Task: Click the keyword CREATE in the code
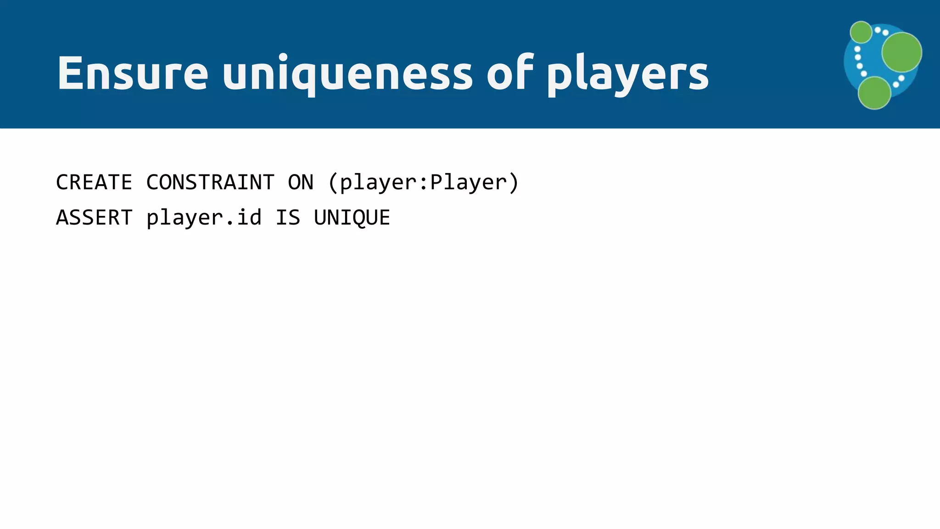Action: coord(94,182)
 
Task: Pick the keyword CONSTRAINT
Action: coord(210,182)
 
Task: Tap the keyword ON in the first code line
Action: coord(301,182)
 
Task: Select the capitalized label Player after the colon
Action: coord(468,183)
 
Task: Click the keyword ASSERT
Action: coord(94,218)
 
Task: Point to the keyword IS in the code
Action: coord(288,218)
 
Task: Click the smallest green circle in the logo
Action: coord(861,32)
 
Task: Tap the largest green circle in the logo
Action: coord(901,52)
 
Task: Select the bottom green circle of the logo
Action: coord(874,93)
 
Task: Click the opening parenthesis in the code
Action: coord(333,183)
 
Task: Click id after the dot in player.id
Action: coord(249,217)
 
